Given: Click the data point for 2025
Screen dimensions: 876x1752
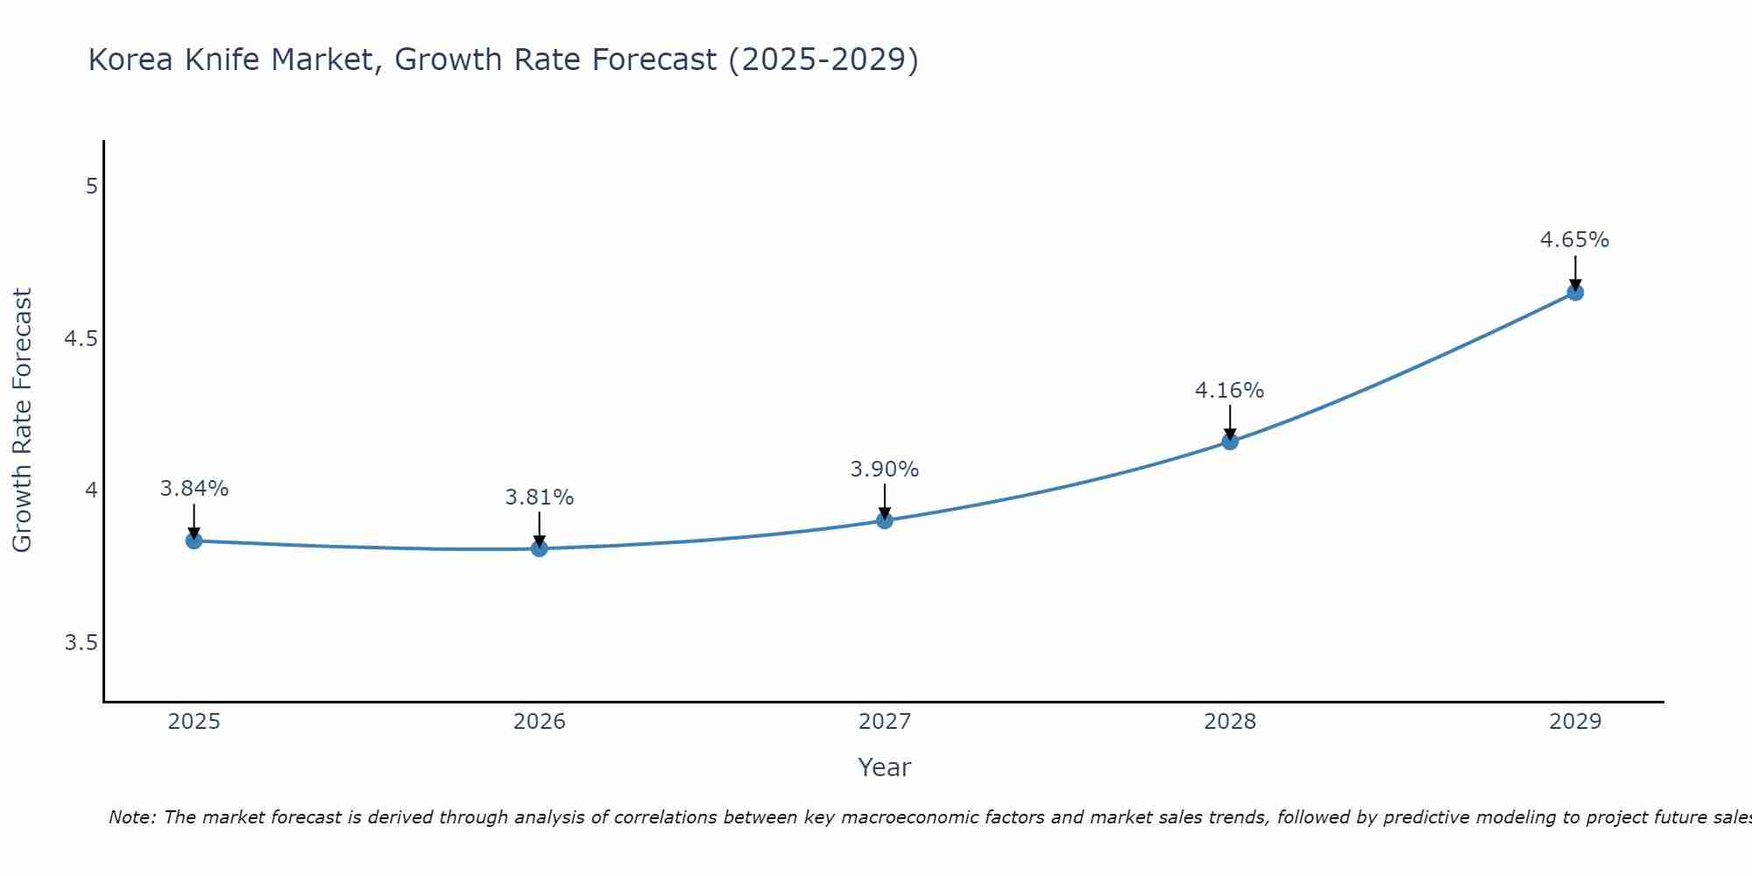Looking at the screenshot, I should coord(194,540).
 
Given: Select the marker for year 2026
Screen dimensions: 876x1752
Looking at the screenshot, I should coord(540,548).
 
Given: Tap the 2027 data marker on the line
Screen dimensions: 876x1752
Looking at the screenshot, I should coord(885,520).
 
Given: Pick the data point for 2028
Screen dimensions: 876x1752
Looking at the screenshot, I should coord(1230,441).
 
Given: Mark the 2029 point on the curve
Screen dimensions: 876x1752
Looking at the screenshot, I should coord(1575,292).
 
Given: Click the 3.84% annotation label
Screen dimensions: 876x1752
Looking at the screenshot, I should coord(194,489).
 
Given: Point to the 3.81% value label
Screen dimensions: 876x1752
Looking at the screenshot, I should coord(540,498).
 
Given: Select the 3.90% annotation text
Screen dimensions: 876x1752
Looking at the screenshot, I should coord(885,470).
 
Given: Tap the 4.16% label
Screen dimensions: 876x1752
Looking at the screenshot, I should coord(1230,391).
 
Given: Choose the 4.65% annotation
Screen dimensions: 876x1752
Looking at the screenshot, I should coord(1575,240).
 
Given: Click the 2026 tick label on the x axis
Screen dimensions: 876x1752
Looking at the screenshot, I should coord(540,722).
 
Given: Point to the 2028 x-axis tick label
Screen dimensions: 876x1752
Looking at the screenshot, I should coord(1230,722).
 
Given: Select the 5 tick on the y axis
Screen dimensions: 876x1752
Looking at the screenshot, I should coord(91,187).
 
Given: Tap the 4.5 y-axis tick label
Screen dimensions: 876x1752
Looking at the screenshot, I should coord(81,339).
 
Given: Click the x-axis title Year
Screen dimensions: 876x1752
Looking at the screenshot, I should coord(885,767).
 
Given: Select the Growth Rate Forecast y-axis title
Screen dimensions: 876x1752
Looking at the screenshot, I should coord(22,420).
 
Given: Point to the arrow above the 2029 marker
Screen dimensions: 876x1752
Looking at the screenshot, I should coord(1575,272).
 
